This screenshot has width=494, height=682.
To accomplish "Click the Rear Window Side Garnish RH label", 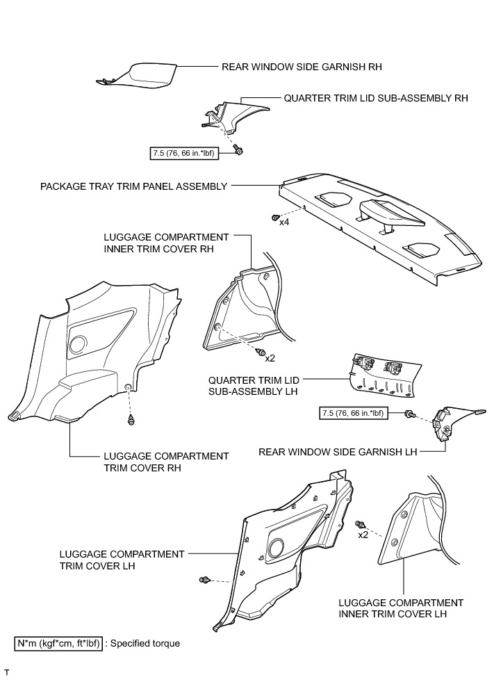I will coord(303,67).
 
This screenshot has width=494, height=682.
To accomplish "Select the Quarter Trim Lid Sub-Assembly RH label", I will coord(376,99).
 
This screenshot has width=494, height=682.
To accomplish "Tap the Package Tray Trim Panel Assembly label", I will coord(134,186).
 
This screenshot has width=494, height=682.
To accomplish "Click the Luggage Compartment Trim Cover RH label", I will coord(166,462).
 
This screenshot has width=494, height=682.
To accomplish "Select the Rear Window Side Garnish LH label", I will coord(338,452).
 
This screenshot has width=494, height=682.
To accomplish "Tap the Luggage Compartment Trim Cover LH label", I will coord(122,560).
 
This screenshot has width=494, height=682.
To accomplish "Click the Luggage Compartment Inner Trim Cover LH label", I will coord(401,608).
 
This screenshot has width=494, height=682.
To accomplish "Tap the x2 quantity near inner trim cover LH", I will coord(363,535).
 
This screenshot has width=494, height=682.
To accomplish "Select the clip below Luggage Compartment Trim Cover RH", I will coord(131,421).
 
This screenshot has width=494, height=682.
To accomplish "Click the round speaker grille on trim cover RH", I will coord(79,346).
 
